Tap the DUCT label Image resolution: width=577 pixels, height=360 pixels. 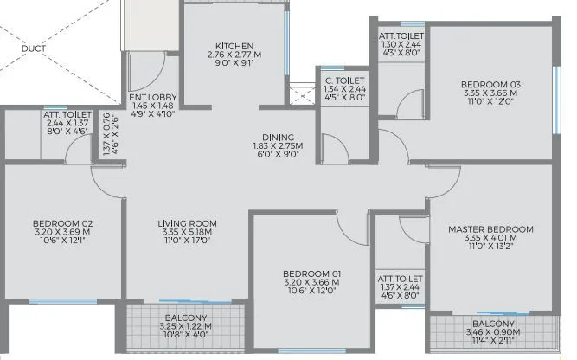(35, 48)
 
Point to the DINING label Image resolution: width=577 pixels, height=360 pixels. (279, 137)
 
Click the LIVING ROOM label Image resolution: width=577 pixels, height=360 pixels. (187, 224)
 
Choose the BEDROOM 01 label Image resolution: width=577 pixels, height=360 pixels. (311, 274)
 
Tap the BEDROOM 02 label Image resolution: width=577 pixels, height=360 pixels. (62, 223)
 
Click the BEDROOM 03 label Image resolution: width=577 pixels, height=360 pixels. (490, 84)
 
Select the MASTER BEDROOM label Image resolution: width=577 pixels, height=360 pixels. (490, 229)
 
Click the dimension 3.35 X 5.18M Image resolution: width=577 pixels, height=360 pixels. (187, 234)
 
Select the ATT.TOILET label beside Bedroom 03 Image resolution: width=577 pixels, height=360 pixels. (401, 36)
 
